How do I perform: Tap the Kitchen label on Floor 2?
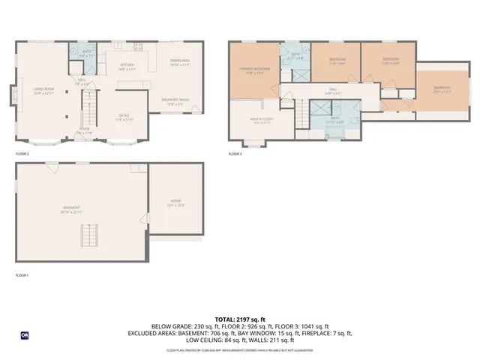127,64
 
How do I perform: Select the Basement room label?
71,208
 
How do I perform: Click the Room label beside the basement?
176,202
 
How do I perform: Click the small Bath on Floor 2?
85,52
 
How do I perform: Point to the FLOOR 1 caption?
22,275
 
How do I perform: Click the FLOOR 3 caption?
235,154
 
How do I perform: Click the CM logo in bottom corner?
25,334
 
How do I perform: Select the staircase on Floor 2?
88,114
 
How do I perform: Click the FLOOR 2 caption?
22,154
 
